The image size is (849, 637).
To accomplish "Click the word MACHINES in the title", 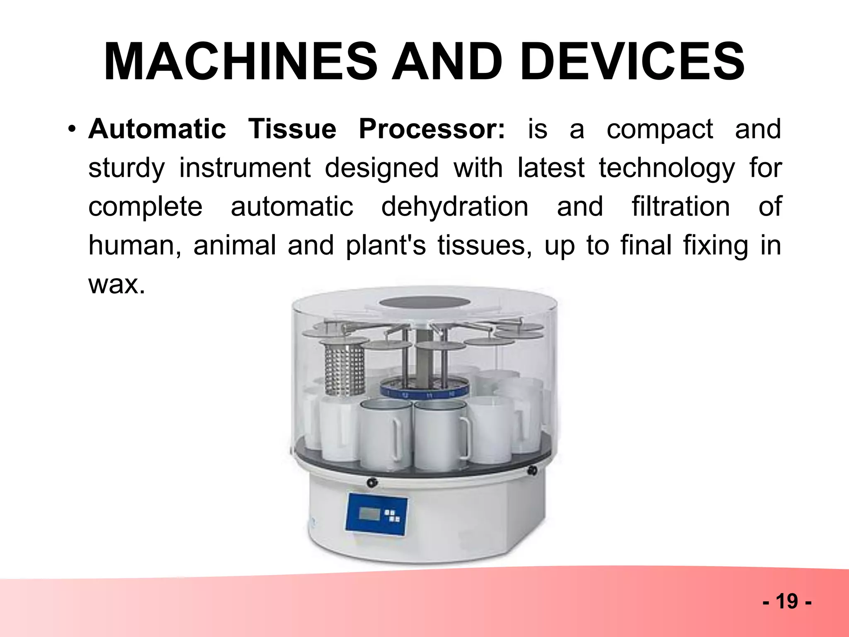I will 240,62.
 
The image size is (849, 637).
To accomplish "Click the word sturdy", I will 126,168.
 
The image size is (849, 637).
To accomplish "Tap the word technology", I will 667,168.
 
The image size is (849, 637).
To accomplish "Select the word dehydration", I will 455,207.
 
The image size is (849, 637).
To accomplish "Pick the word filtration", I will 681,207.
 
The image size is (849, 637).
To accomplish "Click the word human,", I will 135,246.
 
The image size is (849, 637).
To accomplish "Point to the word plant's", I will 386,246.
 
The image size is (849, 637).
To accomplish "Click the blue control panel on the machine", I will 376,514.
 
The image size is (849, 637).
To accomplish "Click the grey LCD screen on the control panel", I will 369,514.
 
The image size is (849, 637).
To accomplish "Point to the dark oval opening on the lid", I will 423,302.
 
